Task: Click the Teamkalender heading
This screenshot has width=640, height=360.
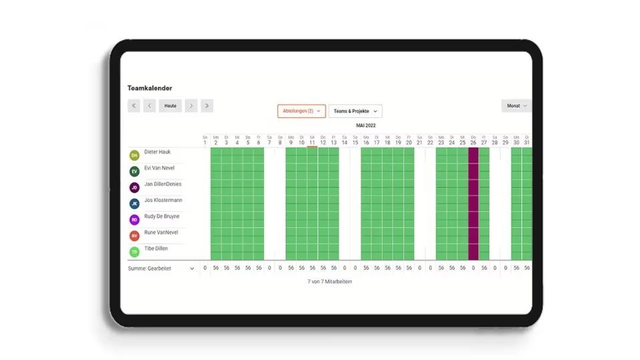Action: [149, 88]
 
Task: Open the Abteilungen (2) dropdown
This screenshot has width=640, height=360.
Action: [301, 111]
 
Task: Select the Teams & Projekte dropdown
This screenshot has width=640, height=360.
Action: [355, 111]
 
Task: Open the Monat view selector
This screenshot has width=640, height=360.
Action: [516, 105]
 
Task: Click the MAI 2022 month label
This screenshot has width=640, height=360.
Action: [365, 125]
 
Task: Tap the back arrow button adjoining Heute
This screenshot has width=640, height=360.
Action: [149, 105]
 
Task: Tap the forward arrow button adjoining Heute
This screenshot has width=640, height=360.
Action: [191, 105]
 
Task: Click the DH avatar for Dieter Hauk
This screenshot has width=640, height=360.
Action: [135, 155]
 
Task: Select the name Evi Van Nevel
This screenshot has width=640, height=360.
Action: [159, 168]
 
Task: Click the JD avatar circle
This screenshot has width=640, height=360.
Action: [135, 187]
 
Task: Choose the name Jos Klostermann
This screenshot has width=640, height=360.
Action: [163, 200]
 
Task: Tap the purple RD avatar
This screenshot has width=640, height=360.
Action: [135, 219]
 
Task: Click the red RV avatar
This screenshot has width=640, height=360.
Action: [135, 235]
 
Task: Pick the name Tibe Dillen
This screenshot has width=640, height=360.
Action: [156, 249]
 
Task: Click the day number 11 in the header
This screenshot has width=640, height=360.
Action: [312, 143]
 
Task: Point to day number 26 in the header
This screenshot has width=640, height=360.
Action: [473, 143]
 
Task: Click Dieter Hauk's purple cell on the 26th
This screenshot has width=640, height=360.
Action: [473, 155]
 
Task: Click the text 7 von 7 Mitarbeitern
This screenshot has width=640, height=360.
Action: [330, 282]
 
